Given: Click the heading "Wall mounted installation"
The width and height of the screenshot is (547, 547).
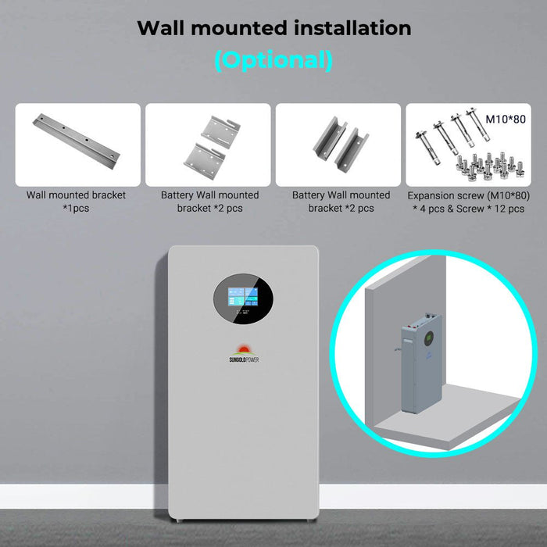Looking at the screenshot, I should coord(273,28).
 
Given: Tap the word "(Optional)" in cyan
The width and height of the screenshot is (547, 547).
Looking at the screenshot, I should coord(273,59).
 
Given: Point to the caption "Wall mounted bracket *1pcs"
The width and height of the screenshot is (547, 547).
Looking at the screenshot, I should coord(76,202).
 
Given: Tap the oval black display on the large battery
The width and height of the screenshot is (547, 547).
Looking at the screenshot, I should coord(243,301).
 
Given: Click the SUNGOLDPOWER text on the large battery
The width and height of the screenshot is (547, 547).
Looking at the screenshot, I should coord(243,360).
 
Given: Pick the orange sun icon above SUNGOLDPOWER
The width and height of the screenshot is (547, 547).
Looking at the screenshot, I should coord(243,348).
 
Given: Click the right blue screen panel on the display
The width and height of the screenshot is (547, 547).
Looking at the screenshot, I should coord(253,297).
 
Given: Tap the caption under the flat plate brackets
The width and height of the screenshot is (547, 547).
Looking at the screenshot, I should coord(209,202).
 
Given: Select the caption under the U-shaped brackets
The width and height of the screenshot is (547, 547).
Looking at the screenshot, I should coord(341,202).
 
